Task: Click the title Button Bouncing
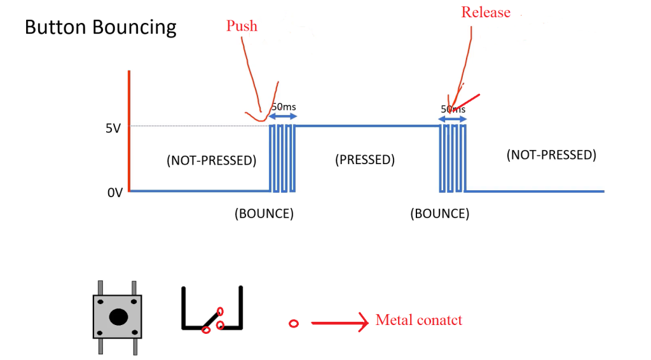tap(100, 28)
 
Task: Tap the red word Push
tap(242, 26)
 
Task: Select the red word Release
tap(486, 13)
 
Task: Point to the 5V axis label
tap(113, 128)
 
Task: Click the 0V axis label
tap(114, 192)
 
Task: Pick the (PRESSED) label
tap(365, 160)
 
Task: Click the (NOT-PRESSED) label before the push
tap(211, 160)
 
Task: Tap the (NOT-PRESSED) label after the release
tap(551, 155)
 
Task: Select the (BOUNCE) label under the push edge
tap(264, 214)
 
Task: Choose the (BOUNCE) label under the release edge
tap(440, 214)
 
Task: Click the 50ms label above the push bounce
tap(284, 107)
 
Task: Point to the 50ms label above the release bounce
tap(453, 109)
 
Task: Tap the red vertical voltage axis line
tap(129, 130)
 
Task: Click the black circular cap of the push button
tap(117, 316)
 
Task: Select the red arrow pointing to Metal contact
tap(339, 322)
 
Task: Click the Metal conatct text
tap(418, 319)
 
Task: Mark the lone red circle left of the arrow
tap(294, 324)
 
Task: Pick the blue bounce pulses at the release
tap(453, 158)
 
